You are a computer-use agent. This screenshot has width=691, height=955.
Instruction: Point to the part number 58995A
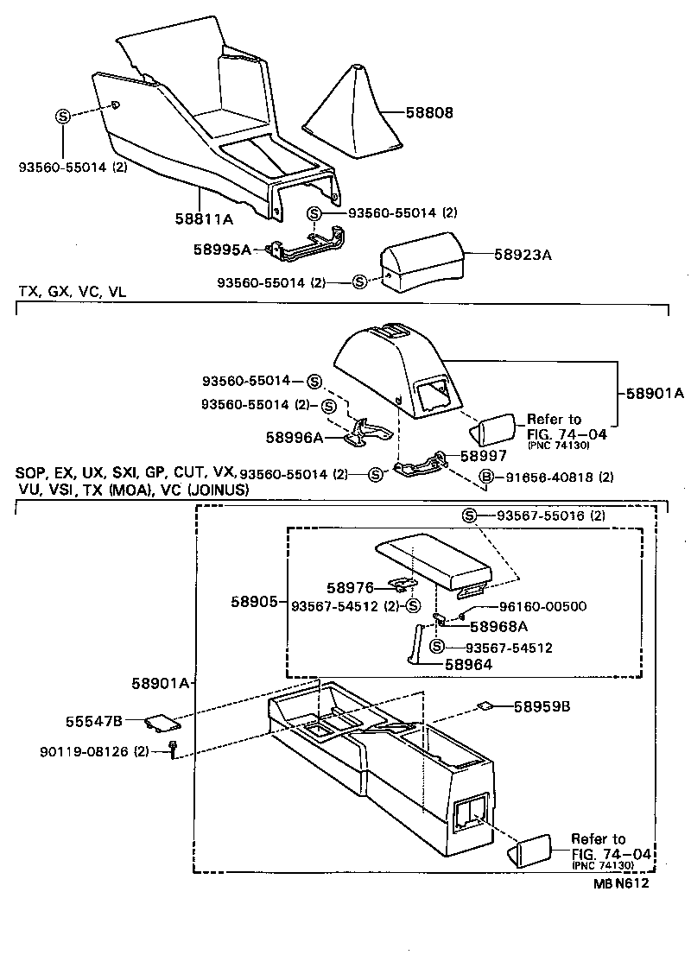click(x=221, y=250)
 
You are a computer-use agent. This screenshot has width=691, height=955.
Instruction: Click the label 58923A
click(x=523, y=255)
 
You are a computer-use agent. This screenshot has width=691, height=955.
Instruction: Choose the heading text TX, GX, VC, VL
click(x=73, y=293)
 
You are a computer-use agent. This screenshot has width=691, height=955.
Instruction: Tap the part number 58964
click(x=468, y=664)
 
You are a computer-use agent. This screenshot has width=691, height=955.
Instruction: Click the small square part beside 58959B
click(x=486, y=705)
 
